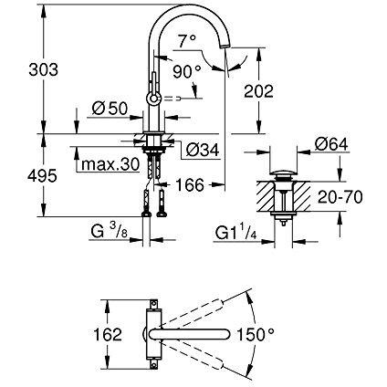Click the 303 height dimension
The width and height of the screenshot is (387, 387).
point(43,70)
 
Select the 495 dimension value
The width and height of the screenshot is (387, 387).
point(42,175)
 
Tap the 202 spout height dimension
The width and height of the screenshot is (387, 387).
point(258,91)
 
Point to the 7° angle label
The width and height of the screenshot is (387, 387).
point(187,41)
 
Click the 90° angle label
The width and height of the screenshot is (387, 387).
point(187,72)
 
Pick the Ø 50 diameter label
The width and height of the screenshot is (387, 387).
point(110,108)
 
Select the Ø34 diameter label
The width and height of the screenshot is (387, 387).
point(203,150)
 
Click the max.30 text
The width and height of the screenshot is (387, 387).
point(110,164)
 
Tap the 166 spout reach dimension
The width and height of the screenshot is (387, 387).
point(190,184)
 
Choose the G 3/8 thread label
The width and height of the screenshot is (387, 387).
point(109,232)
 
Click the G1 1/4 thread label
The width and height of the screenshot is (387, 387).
point(236,233)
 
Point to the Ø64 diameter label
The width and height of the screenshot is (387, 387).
point(331,144)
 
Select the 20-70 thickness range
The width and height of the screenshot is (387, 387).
point(340,197)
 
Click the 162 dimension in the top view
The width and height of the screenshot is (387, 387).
point(108,334)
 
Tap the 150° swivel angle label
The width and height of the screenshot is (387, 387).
point(256,334)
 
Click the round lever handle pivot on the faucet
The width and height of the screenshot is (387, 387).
point(153,99)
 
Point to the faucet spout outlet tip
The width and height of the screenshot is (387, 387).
point(225,46)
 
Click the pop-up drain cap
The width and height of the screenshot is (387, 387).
point(283,175)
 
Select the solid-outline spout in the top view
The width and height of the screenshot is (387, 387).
point(191,334)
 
